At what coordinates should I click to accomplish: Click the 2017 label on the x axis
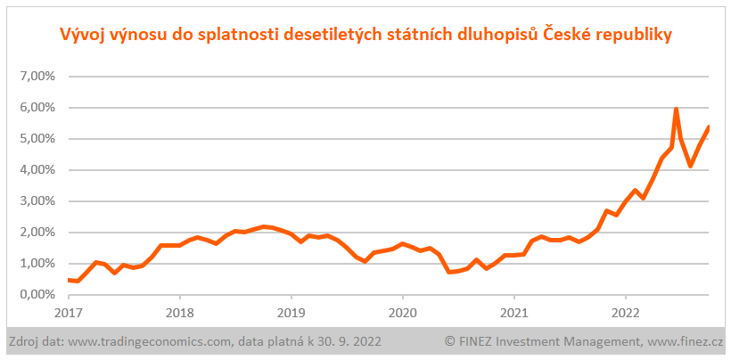pos(68,313)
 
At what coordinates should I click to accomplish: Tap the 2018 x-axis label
pos(179,313)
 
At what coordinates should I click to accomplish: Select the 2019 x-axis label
pos(291,313)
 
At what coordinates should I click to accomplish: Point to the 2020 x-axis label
pos(402,313)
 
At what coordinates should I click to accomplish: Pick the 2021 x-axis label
pos(513,313)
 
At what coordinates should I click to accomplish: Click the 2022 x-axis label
pos(625,313)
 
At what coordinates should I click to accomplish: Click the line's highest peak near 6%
pos(677,110)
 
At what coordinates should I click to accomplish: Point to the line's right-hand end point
pos(708,127)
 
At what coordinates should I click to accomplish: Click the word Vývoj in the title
pos(80,35)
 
